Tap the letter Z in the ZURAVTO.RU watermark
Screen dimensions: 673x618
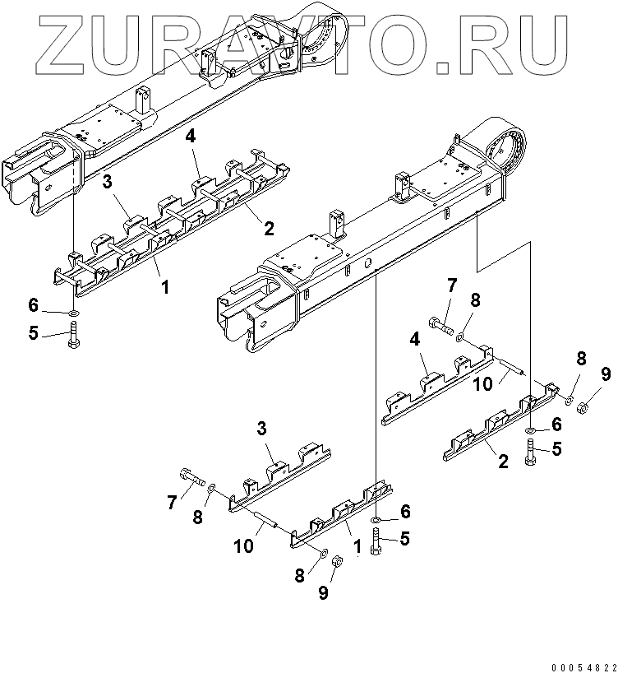pyautogui.click(x=67, y=42)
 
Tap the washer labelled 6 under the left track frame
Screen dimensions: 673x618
pyautogui.click(x=73, y=313)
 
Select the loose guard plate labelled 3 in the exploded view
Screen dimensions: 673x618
pyautogui.click(x=279, y=477)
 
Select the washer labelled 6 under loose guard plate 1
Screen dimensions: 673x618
pyautogui.click(x=376, y=520)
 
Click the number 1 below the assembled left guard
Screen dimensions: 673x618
pyautogui.click(x=167, y=287)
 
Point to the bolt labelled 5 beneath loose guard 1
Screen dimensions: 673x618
pyautogui.click(x=376, y=542)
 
